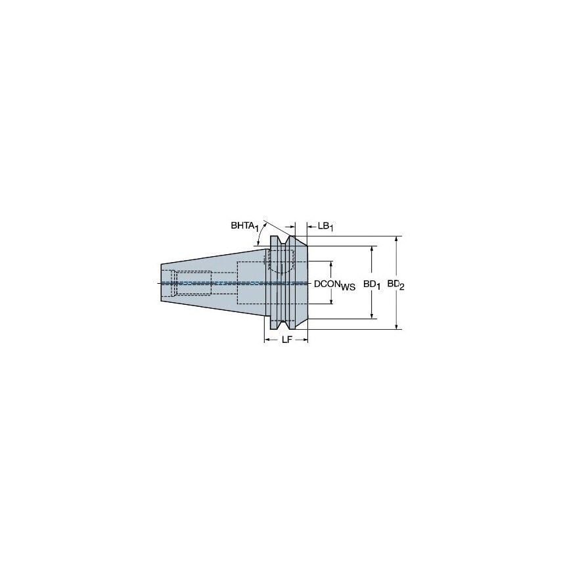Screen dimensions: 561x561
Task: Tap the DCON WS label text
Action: (x=334, y=285)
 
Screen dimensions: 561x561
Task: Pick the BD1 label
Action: (x=372, y=285)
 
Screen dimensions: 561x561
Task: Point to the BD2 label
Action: (x=395, y=285)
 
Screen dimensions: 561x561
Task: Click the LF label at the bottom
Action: (x=287, y=340)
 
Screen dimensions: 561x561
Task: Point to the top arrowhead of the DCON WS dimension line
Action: (x=331, y=263)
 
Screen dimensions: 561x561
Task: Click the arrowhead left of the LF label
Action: (x=267, y=340)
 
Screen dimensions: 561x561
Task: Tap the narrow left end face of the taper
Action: (x=162, y=283)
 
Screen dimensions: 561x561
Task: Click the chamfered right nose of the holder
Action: (x=302, y=283)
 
